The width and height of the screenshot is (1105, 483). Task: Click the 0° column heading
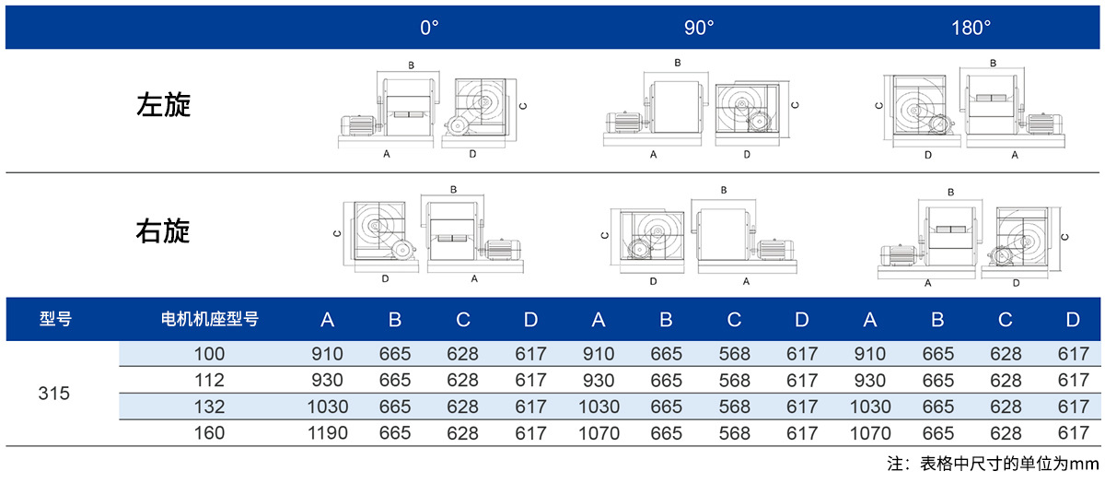[x=429, y=28]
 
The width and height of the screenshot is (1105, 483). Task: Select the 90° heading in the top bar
[x=699, y=28]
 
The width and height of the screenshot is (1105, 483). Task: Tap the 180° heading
[x=971, y=28]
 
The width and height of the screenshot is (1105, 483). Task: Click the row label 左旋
[x=163, y=105]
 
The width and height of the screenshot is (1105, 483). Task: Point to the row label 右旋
[x=163, y=231]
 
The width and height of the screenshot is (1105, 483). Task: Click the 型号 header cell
[x=56, y=319]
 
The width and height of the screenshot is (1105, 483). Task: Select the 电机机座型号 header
[x=210, y=319]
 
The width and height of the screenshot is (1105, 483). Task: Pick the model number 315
[x=53, y=394]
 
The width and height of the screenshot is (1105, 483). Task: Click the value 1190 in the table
[x=328, y=433]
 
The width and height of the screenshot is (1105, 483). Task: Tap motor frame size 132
[x=209, y=406]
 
